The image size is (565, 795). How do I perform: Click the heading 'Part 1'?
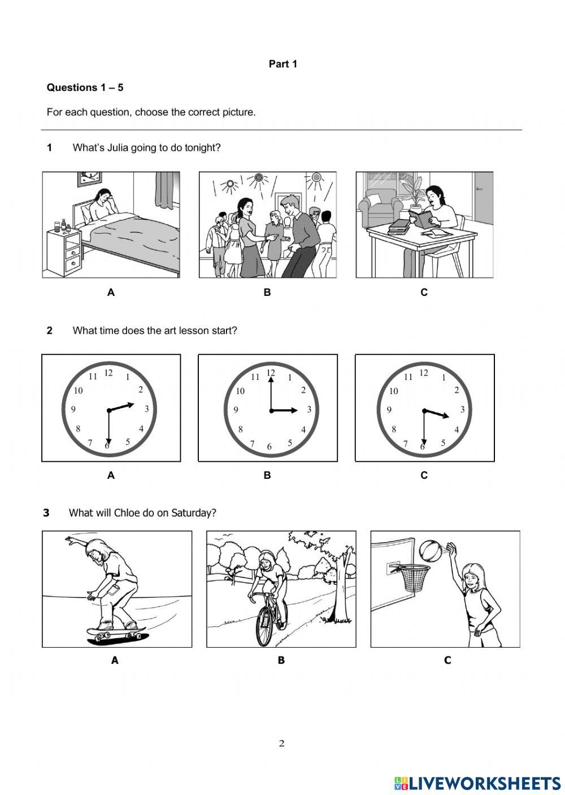pos(282,64)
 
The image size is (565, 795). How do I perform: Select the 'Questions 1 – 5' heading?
pos(85,88)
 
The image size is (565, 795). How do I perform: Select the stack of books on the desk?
pos(399,227)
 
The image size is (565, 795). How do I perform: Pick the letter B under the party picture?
pos(267,292)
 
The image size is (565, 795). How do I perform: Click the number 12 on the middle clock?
pos(271,373)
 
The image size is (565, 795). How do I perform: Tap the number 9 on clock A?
pos(73,410)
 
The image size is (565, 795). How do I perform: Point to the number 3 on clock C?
pos(462,409)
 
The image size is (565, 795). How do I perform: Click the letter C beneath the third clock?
pos(424,475)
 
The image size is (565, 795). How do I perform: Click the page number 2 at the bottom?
pos(281,744)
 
